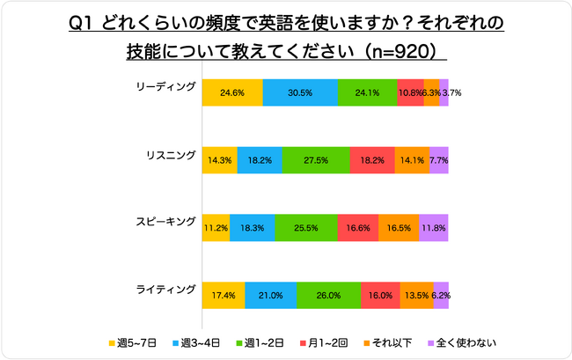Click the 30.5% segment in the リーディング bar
tap(300, 92)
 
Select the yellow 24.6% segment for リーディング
tap(232, 92)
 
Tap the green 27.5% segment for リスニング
tap(315, 160)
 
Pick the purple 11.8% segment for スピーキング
tap(433, 227)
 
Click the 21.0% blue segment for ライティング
tap(271, 295)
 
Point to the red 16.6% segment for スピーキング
tap(358, 227)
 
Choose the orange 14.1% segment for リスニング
tap(412, 160)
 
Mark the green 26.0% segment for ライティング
tap(328, 295)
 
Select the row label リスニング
tap(170, 155)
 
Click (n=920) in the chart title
tap(400, 51)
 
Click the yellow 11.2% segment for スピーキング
tap(216, 227)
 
